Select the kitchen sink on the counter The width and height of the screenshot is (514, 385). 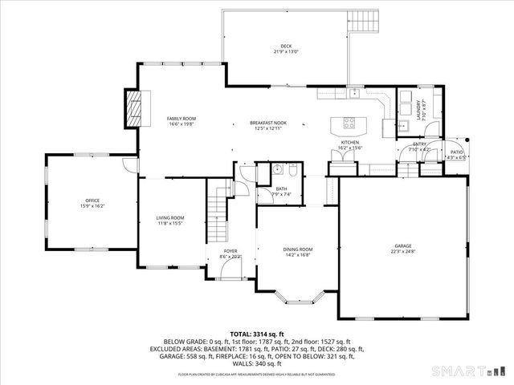(353, 93)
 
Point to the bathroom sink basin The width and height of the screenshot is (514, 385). (276, 169)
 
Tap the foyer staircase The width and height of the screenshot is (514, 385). (217, 204)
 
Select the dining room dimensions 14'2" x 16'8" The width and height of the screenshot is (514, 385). (297, 255)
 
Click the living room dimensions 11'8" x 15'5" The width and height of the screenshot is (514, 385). (170, 223)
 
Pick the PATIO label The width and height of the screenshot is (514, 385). (456, 151)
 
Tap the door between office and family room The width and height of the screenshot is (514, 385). (137, 166)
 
